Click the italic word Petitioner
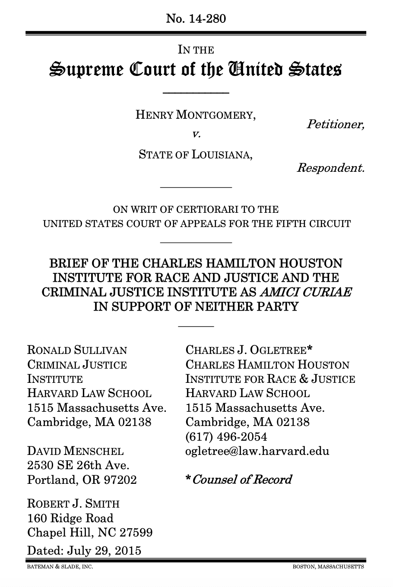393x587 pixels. (x=335, y=125)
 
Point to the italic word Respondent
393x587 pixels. (x=330, y=167)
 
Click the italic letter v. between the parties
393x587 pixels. (x=196, y=134)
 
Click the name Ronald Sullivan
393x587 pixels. (x=77, y=350)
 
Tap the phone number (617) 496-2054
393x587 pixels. (x=226, y=437)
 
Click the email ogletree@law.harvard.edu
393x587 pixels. (x=257, y=451)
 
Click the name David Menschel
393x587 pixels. (x=75, y=451)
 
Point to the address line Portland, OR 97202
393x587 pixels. (x=82, y=480)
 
